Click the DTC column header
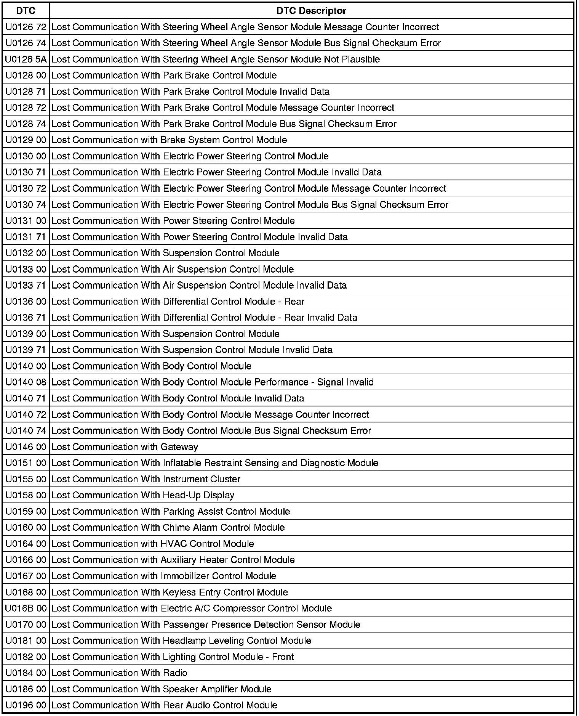pos(26,11)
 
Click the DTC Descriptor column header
pos(311,11)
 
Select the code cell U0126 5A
pos(26,59)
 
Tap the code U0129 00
pos(26,140)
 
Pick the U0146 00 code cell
pos(26,447)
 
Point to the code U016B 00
pos(26,608)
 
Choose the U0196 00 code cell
pos(26,705)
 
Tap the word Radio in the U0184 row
pos(175,673)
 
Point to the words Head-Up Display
pos(198,495)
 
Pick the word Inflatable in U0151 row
pos(182,463)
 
